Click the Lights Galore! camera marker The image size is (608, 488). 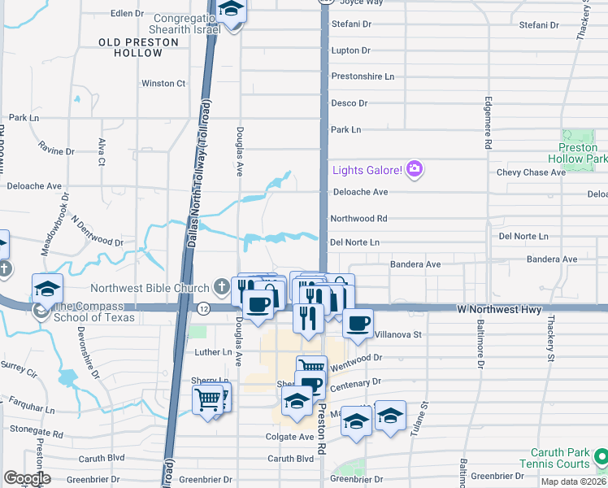pos(415,169)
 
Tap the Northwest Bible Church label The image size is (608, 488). pos(151,287)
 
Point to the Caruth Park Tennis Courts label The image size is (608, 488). pos(560,458)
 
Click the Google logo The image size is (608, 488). pos(27,478)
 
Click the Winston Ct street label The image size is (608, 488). pos(163,83)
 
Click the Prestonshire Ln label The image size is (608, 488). pos(362,76)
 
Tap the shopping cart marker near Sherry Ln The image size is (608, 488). pos(208,399)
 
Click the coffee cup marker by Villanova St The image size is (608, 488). pos(357,324)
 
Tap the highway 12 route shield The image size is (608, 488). pos(203,308)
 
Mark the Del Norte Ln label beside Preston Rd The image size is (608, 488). pos(355,242)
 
